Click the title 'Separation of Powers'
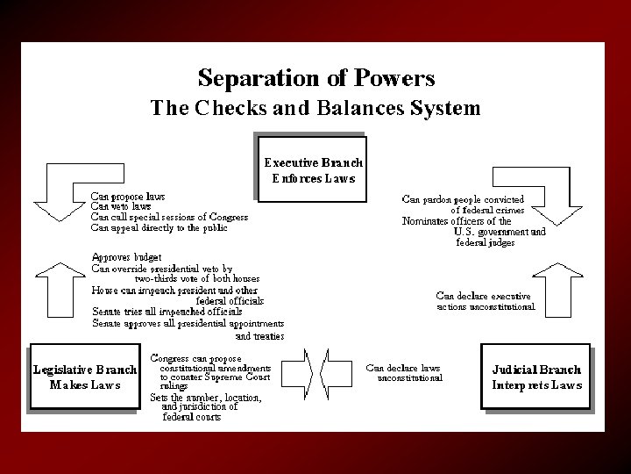point(315,78)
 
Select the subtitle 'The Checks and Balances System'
point(315,109)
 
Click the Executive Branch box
point(313,169)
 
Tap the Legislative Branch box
point(84,376)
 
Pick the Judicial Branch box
point(536,376)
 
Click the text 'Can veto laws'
point(122,206)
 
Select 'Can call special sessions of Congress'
point(169,217)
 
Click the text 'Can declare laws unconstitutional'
point(404,372)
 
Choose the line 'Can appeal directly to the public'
point(159,227)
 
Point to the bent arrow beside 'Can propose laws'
point(58,197)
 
